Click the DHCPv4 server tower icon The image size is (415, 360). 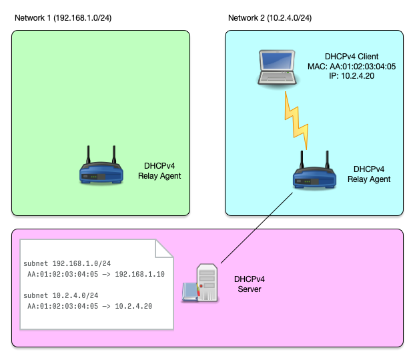point(205,283)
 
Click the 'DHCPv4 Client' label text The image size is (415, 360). point(352,57)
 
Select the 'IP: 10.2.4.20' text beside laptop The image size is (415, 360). point(352,77)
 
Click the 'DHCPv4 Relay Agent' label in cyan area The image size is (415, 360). point(369,174)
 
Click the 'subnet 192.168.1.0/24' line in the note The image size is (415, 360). point(67,264)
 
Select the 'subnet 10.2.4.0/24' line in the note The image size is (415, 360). point(61,295)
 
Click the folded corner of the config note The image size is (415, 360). point(165,248)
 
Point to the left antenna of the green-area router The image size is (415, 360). point(87,155)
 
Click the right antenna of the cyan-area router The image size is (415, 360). point(327,160)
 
